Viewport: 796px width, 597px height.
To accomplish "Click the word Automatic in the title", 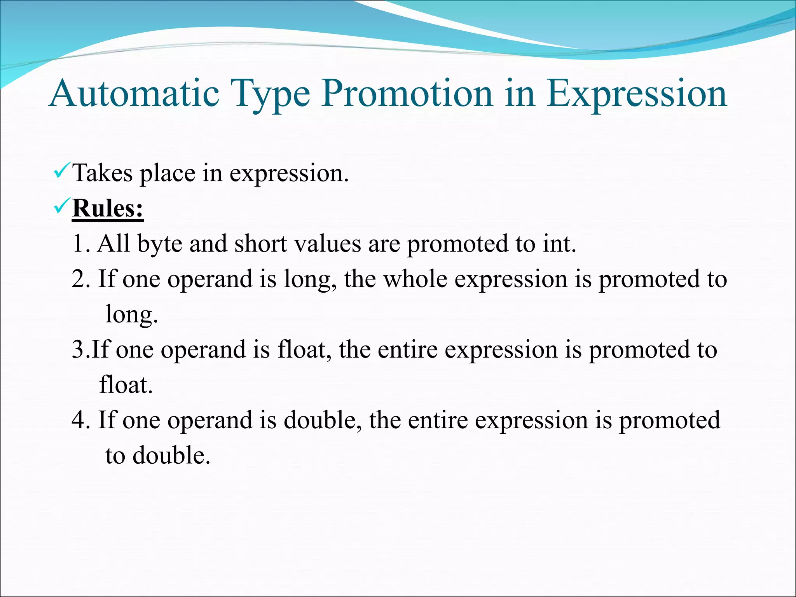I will tap(134, 93).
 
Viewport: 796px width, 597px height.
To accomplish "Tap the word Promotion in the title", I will tap(407, 93).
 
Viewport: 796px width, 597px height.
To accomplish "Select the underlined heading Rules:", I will tap(108, 208).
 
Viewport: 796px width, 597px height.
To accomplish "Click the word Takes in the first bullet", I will tap(103, 173).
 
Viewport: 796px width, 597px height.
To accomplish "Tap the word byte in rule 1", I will tap(160, 244).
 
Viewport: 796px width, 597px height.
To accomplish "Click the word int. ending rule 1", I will tap(559, 244).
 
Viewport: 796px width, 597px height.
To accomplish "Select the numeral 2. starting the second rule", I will tap(80, 279).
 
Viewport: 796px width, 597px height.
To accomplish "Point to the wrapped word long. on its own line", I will tap(131, 315).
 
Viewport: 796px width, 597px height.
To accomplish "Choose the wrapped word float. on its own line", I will tap(126, 385).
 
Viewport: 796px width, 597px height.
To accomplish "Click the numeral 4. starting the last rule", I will tap(80, 420).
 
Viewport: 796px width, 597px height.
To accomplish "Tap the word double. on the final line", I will tap(171, 456).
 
